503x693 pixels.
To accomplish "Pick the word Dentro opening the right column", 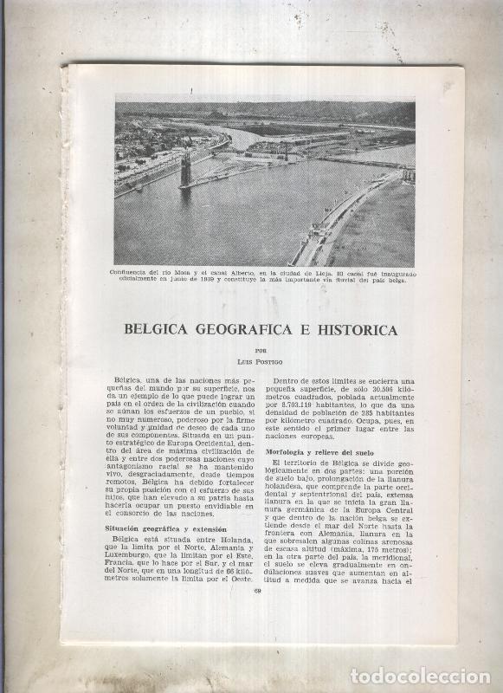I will click(289, 380).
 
